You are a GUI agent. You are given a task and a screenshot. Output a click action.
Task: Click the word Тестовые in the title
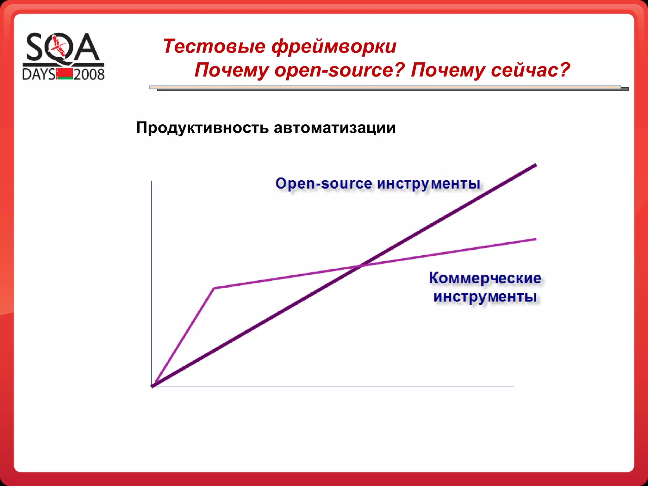click(214, 46)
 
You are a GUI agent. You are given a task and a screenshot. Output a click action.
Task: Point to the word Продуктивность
click(202, 128)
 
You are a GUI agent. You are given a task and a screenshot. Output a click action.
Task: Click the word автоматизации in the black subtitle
click(334, 128)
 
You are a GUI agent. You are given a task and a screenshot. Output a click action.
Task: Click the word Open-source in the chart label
click(323, 184)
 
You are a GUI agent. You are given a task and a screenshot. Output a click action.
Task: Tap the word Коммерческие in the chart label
click(485, 278)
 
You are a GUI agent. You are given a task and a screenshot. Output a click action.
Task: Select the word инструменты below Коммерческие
click(485, 297)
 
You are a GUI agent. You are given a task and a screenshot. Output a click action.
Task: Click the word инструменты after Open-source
click(429, 184)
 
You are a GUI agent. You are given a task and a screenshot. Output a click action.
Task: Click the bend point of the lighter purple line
click(214, 288)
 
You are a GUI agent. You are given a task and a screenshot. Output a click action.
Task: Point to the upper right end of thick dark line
click(535, 165)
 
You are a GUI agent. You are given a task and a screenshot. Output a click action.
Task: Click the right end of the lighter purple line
click(535, 239)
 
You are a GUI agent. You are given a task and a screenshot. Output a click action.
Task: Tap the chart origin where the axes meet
click(152, 386)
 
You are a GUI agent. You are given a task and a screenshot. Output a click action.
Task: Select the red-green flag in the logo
click(65, 74)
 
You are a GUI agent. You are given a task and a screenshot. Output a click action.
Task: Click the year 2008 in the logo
click(89, 75)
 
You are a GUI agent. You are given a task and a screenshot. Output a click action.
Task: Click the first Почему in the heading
click(232, 70)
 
